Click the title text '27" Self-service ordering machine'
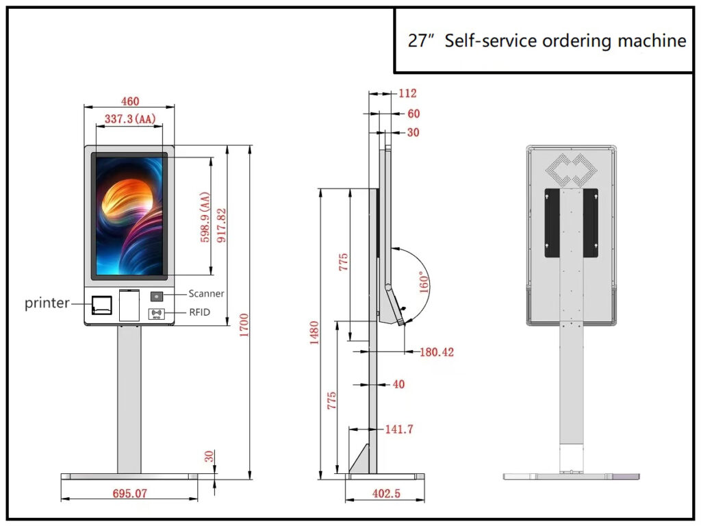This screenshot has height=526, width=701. (546, 41)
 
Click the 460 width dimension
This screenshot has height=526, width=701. (129, 101)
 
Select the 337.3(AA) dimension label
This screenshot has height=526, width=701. (130, 119)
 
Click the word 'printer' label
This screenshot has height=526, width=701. (47, 303)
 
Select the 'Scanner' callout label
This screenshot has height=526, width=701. (206, 294)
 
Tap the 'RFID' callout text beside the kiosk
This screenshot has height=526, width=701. (199, 312)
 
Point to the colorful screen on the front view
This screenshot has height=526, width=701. (131, 216)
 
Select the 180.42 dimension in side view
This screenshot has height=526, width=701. (437, 352)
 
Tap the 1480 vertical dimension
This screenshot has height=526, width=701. (314, 333)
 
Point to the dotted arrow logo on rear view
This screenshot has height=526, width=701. (570, 169)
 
